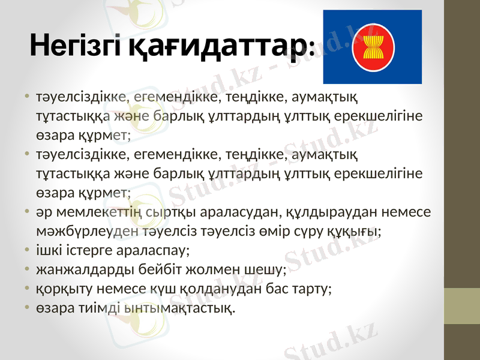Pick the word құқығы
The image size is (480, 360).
coord(359,231)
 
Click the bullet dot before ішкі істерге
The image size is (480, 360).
coord(28,250)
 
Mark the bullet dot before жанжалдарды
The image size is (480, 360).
coord(28,268)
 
